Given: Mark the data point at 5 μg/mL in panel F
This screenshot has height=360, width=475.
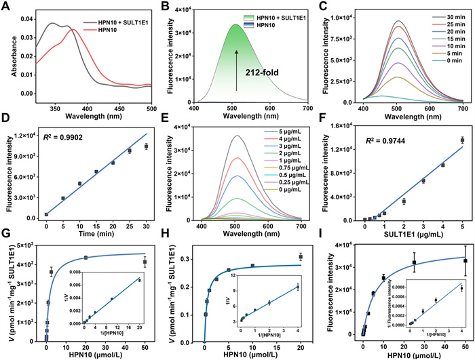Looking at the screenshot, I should tap(463, 140).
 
